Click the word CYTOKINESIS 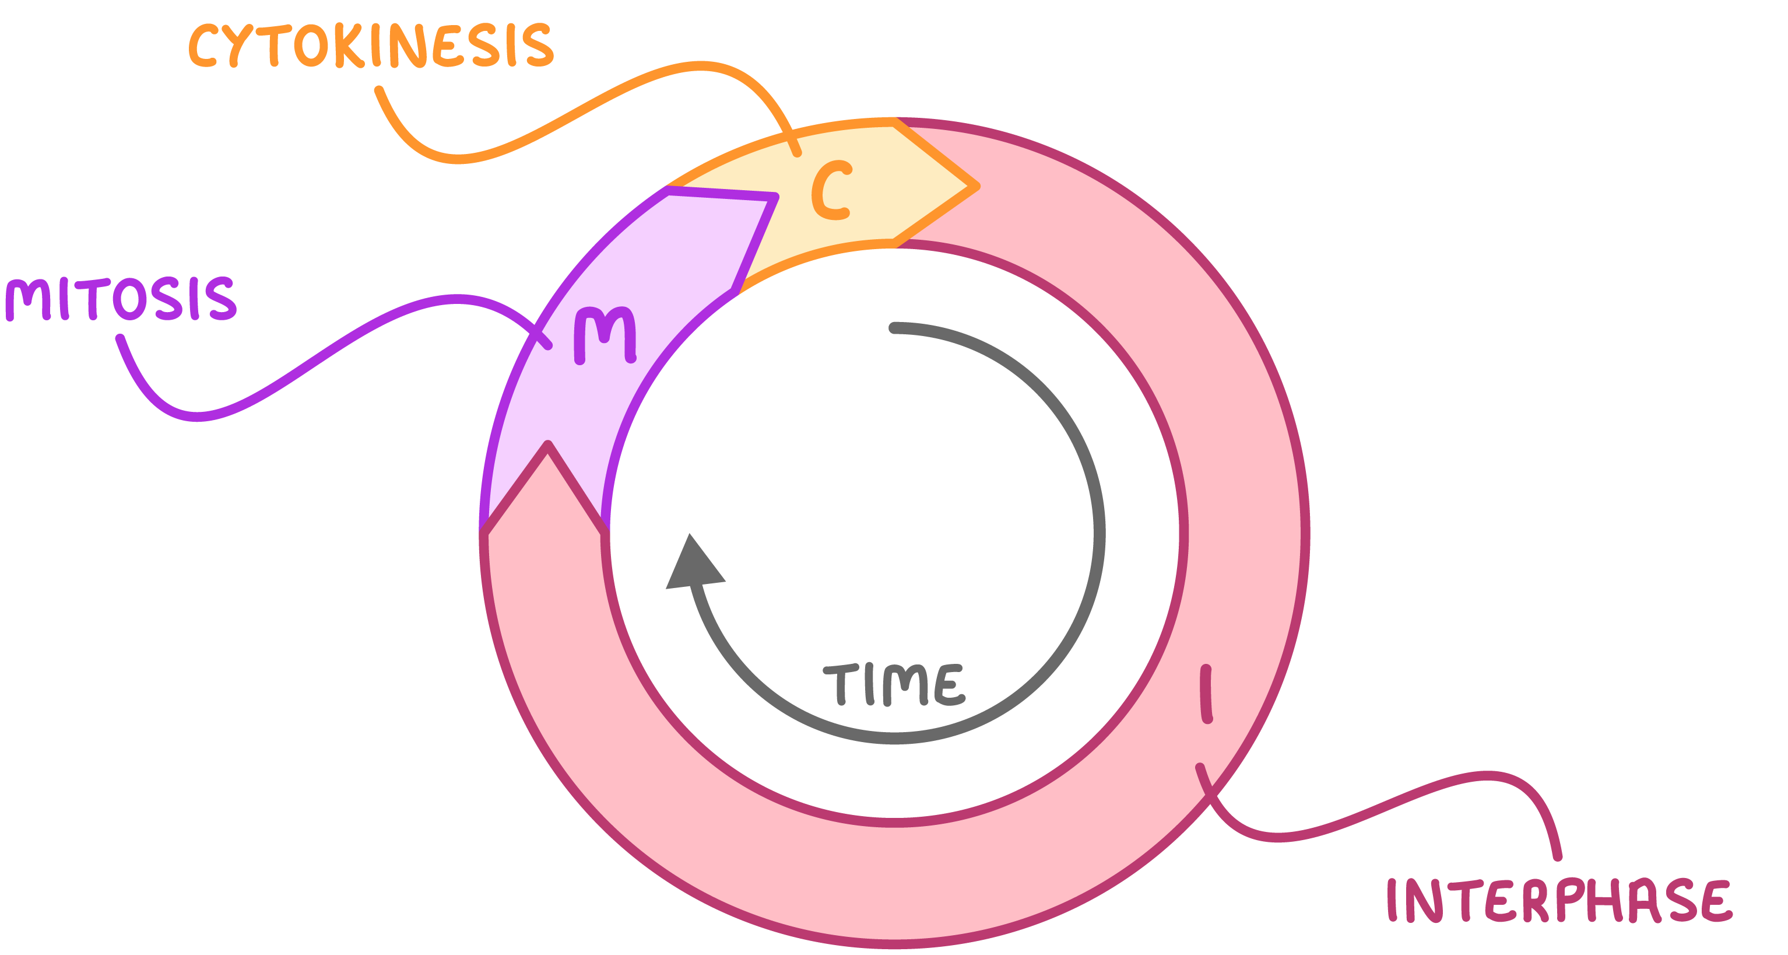371,46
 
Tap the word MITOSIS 121,299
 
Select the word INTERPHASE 1559,900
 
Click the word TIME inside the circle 894,684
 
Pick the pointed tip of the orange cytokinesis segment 975,186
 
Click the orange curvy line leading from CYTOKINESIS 555,125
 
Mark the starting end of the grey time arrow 894,327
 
